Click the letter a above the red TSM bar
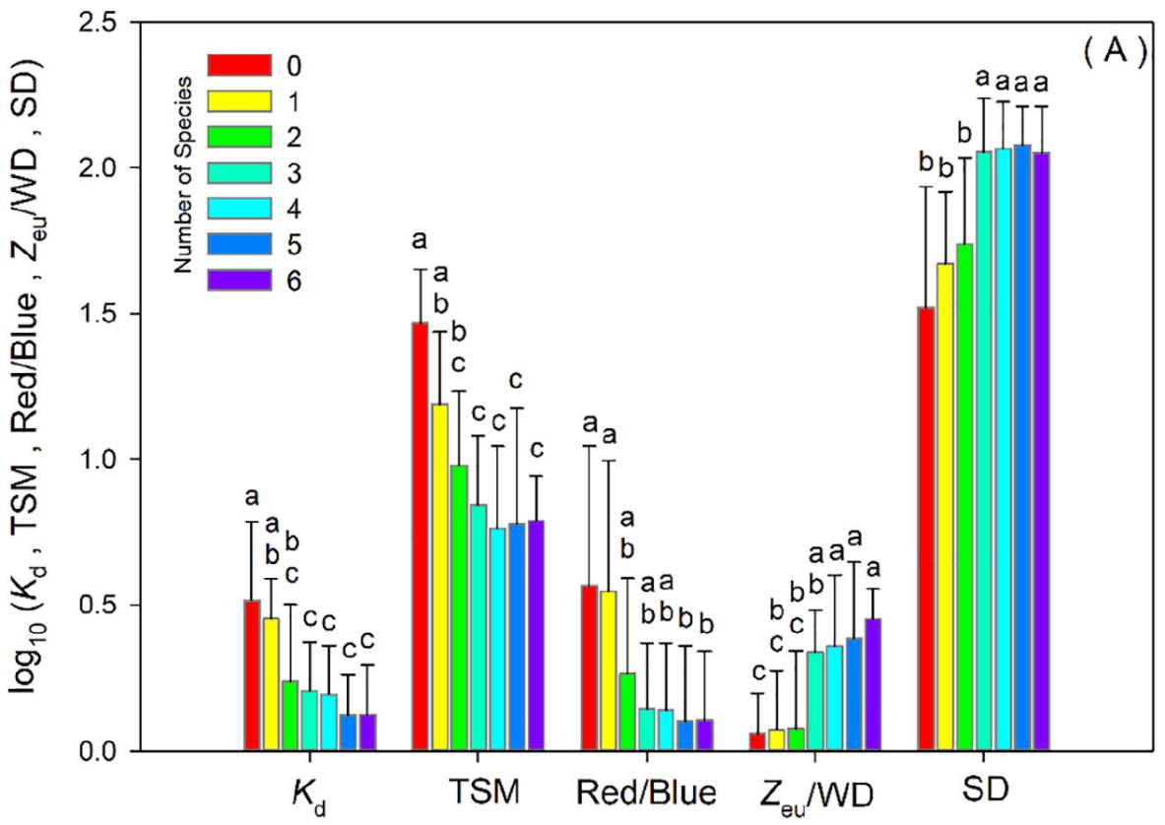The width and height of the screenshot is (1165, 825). point(421,239)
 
